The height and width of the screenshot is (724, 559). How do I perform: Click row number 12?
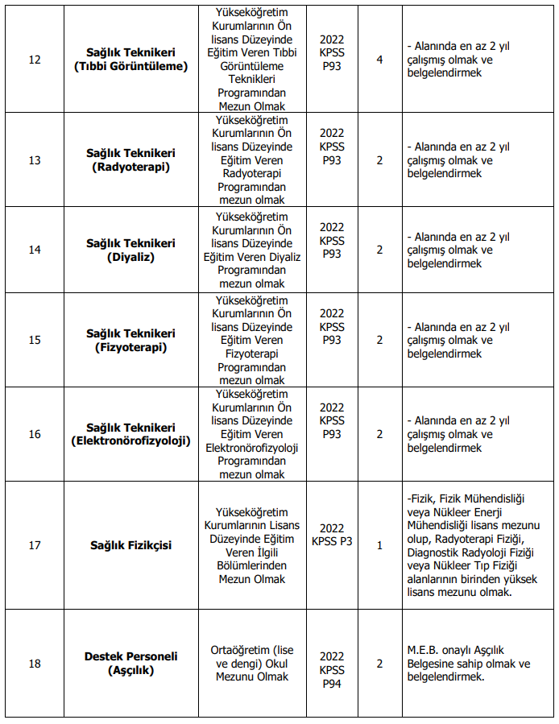coord(35,60)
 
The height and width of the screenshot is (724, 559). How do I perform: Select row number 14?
coord(35,250)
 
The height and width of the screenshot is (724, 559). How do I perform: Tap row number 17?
coord(35,545)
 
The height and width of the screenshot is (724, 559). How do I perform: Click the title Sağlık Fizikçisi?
coord(130,545)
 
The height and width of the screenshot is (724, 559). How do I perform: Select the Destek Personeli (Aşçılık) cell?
coord(130,663)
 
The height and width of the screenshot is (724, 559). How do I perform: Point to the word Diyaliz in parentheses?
coord(130,257)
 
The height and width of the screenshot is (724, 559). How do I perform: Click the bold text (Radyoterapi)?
coord(130,167)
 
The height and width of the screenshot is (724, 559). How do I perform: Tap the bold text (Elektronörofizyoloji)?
coord(130,441)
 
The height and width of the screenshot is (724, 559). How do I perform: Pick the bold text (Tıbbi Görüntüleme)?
coord(130,66)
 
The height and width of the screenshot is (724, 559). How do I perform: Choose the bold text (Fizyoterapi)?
coord(130,347)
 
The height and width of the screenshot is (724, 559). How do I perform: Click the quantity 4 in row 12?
coord(379,60)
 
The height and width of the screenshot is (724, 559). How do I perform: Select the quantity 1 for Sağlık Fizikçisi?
coord(379,545)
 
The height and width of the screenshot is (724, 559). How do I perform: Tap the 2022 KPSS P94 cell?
coord(332,670)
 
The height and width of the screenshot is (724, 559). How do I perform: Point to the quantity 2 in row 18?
coord(379,663)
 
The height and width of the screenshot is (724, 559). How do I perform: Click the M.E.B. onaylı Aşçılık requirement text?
coord(468,663)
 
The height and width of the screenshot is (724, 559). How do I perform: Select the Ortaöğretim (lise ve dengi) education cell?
coord(251,663)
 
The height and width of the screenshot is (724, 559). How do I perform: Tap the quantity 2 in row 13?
coord(379,159)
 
